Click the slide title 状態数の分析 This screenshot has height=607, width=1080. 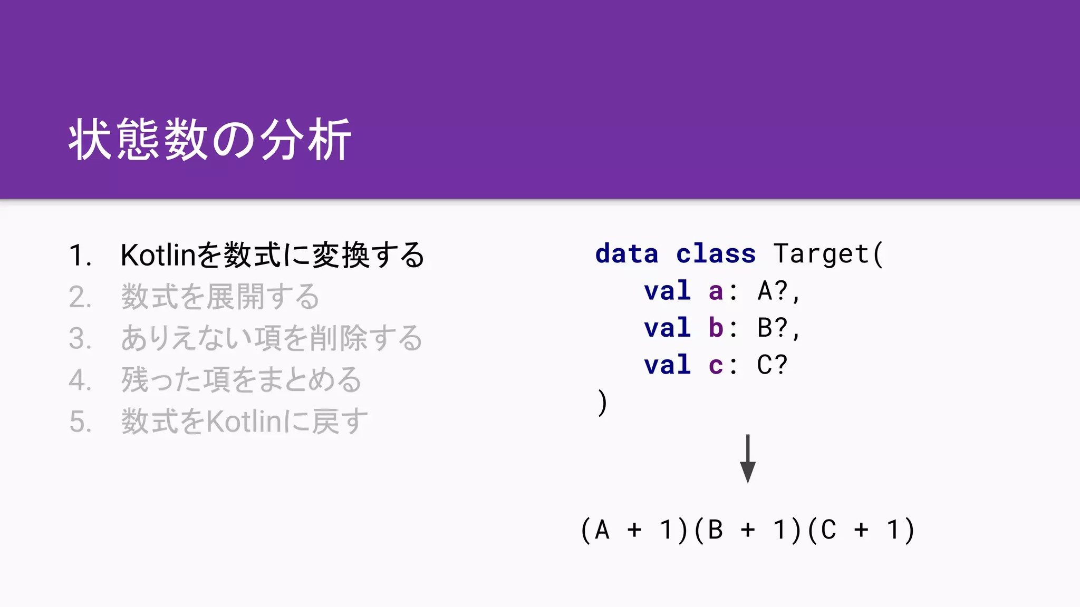[210, 140]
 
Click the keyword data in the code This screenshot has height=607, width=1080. [626, 254]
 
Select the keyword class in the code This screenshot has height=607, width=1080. [716, 254]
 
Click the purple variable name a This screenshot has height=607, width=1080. [716, 291]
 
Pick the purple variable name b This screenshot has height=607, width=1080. [716, 328]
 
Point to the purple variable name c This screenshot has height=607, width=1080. [716, 365]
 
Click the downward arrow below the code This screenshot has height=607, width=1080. [747, 458]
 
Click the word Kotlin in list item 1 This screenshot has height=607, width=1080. [158, 256]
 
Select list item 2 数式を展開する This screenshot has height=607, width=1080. [220, 297]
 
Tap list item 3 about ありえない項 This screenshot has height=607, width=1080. [272, 338]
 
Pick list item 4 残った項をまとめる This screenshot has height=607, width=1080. [241, 380]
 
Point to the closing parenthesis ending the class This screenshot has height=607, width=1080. [602, 403]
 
